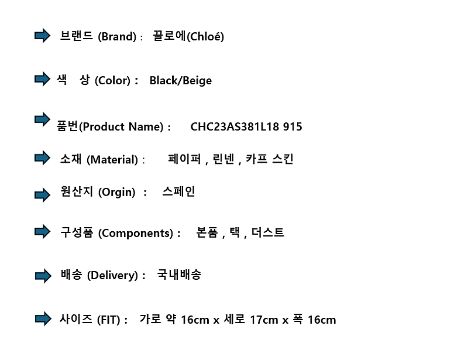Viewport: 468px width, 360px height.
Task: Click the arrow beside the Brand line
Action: (x=42, y=36)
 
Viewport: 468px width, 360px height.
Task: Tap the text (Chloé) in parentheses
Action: (x=205, y=37)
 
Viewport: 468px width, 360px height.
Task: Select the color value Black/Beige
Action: (x=181, y=81)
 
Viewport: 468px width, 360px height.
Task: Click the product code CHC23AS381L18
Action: (x=235, y=126)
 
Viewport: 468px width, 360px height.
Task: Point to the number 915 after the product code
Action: (x=292, y=126)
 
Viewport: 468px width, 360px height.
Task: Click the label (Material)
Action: (x=112, y=160)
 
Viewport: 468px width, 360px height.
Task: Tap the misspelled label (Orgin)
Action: (x=116, y=192)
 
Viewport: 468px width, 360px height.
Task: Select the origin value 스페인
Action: (x=178, y=191)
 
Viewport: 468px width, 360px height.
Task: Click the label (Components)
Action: (x=136, y=234)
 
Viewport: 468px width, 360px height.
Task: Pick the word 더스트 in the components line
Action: (x=267, y=232)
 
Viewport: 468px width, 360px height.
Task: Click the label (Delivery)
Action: (x=112, y=275)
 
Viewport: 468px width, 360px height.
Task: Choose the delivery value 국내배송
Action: (x=179, y=275)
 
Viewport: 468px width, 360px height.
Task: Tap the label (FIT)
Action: (x=109, y=320)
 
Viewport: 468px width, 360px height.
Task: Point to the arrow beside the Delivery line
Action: (x=43, y=276)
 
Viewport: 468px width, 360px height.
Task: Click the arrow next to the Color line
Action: (x=42, y=79)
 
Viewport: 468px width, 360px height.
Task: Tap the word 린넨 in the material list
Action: (x=223, y=159)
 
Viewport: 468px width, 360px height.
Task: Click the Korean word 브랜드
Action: (x=77, y=36)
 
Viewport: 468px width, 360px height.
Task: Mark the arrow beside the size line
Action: (x=43, y=319)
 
